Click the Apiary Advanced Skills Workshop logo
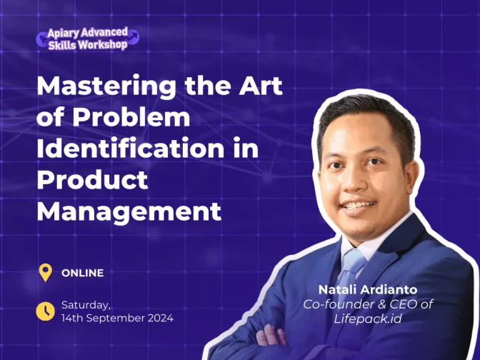tap(88, 39)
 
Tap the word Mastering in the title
tap(106, 87)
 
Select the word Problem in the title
tap(131, 117)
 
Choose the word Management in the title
tap(129, 212)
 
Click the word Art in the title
tap(261, 86)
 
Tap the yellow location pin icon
tap(45, 272)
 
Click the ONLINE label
tap(82, 273)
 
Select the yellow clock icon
tap(45, 311)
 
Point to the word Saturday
tap(86, 306)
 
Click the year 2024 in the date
tap(161, 318)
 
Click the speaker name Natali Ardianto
tap(368, 289)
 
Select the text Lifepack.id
tap(367, 319)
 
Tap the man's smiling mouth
tap(359, 206)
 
